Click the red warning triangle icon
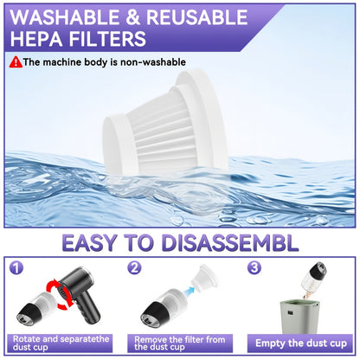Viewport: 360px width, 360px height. tap(16, 62)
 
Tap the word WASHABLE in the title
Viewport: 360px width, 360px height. tap(64, 17)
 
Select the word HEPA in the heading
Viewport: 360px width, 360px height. tap(37, 39)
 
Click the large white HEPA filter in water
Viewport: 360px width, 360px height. tap(165, 122)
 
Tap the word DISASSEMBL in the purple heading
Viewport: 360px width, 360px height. tap(230, 243)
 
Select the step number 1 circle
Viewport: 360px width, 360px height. tap(16, 268)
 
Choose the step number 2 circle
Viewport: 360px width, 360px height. tap(134, 268)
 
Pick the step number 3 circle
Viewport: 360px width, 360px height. tap(254, 268)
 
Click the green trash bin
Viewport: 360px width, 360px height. tap(299, 317)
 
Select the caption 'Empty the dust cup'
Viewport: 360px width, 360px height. tap(301, 344)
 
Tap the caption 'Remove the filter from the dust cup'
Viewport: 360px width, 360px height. tap(179, 344)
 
